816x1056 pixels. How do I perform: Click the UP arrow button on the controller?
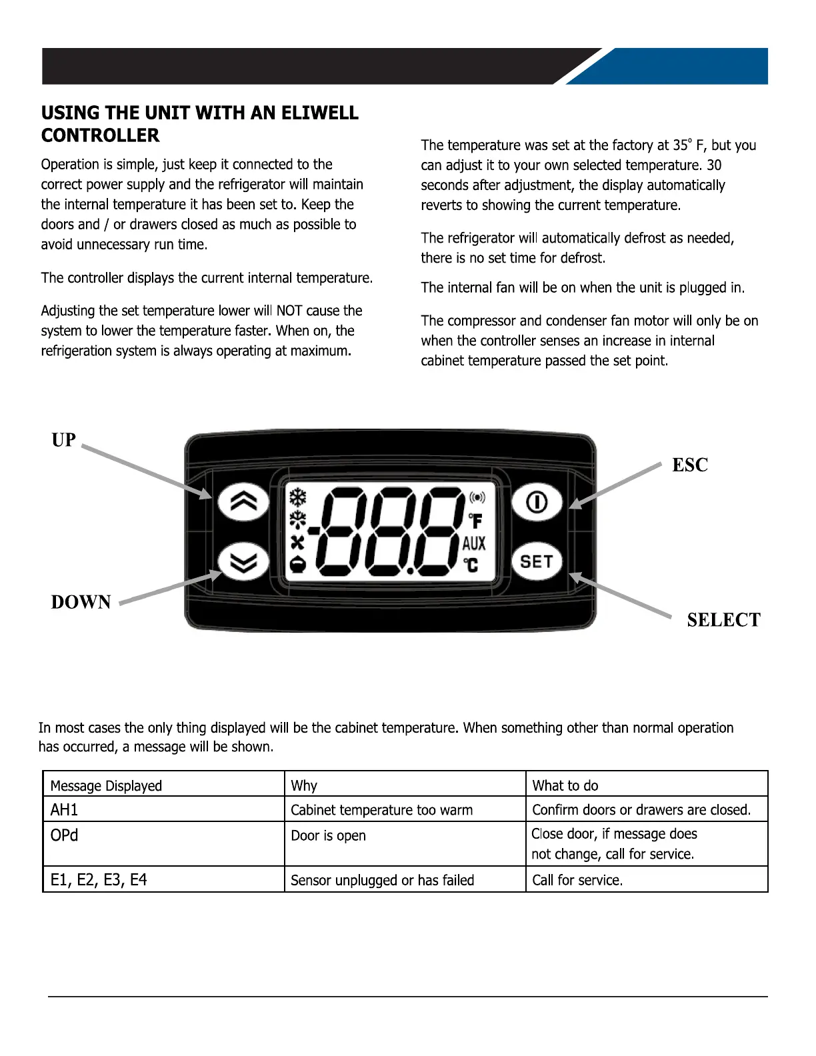tap(243, 502)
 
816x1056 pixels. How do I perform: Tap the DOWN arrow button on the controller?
tap(243, 561)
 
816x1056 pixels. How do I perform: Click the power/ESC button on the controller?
tap(537, 502)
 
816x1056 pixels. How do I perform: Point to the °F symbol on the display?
tap(475, 520)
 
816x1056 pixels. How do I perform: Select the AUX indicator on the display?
tap(474, 543)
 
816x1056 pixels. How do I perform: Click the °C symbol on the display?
tap(471, 565)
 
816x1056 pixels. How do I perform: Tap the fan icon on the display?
tap(297, 543)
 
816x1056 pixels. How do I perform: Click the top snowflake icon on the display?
tap(297, 497)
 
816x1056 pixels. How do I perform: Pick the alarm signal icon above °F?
tap(477, 498)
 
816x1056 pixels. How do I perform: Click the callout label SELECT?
tap(723, 620)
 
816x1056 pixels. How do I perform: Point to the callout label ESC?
tap(690, 465)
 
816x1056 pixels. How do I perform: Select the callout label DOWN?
tap(81, 602)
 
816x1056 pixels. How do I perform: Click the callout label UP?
tap(64, 440)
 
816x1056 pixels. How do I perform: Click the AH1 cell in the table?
tap(65, 809)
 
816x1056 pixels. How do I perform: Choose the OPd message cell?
tap(65, 835)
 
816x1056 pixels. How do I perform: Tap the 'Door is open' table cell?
tap(329, 835)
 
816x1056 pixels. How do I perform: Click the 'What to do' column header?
tap(565, 785)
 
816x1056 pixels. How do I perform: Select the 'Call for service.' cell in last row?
tap(577, 880)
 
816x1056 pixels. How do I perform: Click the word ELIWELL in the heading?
tap(320, 113)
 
